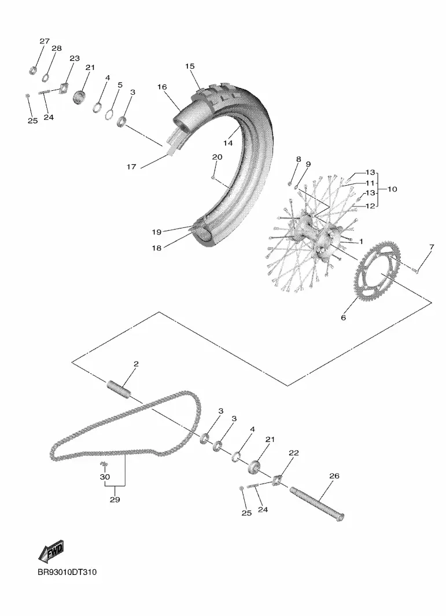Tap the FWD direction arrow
pyautogui.click(x=51, y=552)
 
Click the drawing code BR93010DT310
pyautogui.click(x=68, y=573)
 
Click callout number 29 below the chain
pyautogui.click(x=115, y=500)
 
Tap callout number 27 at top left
pyautogui.click(x=45, y=41)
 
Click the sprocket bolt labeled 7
pyautogui.click(x=416, y=269)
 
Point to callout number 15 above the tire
pyautogui.click(x=190, y=67)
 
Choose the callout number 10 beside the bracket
pyautogui.click(x=392, y=189)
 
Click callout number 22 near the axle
pyautogui.click(x=293, y=453)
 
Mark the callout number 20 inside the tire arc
pyautogui.click(x=217, y=157)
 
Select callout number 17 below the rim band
pyautogui.click(x=131, y=167)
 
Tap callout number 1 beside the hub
pyautogui.click(x=360, y=241)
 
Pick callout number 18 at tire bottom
pyautogui.click(x=157, y=247)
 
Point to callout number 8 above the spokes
pyautogui.click(x=298, y=159)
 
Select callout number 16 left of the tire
pyautogui.click(x=162, y=87)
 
